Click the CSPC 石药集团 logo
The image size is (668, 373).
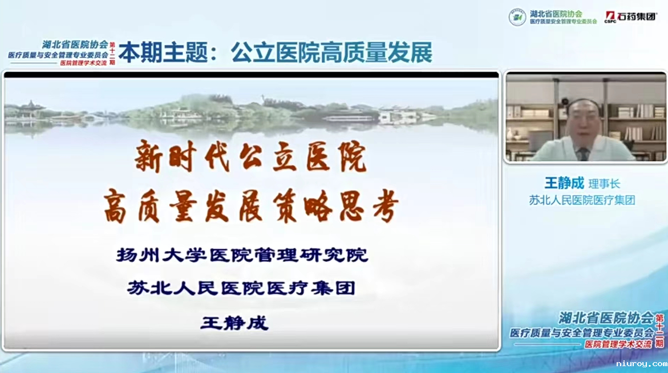630,17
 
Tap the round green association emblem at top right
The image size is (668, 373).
517,17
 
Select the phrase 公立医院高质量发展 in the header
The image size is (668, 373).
331,53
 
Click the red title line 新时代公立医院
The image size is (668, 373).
250,158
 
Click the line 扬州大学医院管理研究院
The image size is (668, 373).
242,255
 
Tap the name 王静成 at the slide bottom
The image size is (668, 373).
234,323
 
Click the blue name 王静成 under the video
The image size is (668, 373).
564,183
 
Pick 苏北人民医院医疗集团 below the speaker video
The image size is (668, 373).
582,200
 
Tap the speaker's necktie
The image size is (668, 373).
583,153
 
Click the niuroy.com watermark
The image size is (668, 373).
641,363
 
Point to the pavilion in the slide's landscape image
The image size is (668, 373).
33,108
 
